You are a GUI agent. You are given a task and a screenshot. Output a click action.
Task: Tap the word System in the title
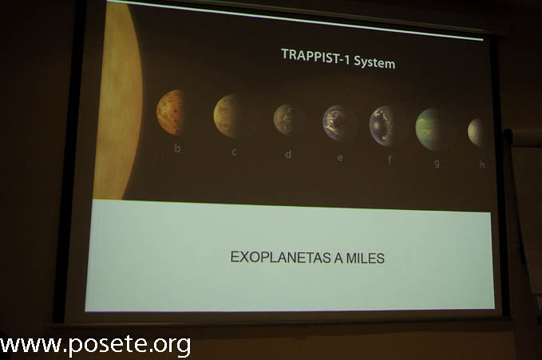pyautogui.click(x=374, y=62)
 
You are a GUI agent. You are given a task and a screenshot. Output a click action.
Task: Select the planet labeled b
pyautogui.click(x=171, y=112)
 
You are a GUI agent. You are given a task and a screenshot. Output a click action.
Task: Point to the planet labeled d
pyautogui.click(x=284, y=119)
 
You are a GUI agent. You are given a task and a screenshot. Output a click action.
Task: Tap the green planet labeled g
pyautogui.click(x=431, y=129)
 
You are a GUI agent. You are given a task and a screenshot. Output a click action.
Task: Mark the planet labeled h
pyautogui.click(x=475, y=133)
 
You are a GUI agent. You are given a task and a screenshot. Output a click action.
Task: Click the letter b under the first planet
pyautogui.click(x=177, y=148)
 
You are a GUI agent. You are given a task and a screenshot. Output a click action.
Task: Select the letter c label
pyautogui.click(x=234, y=152)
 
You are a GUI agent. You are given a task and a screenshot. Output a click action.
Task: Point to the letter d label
pyautogui.click(x=288, y=154)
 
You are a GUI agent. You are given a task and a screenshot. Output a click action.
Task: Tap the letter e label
pyautogui.click(x=340, y=158)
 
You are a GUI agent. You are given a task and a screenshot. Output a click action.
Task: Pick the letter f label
pyautogui.click(x=390, y=159)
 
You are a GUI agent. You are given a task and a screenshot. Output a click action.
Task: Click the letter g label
pyautogui.click(x=437, y=163)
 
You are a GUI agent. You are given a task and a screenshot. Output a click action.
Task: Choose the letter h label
pyautogui.click(x=482, y=165)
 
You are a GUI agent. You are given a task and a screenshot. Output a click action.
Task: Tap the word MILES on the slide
pyautogui.click(x=365, y=259)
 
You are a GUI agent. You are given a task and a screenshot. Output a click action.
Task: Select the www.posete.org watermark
pyautogui.click(x=96, y=345)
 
